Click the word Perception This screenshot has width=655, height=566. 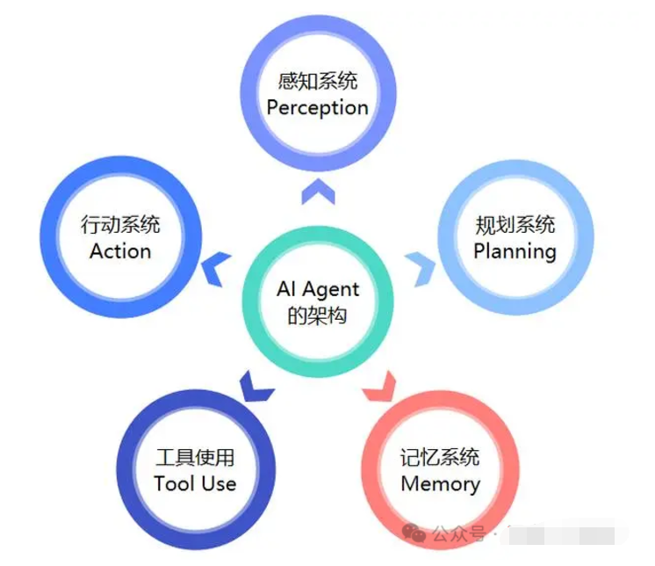tap(317, 108)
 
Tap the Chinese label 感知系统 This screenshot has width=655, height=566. tap(317, 83)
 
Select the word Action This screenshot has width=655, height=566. tap(120, 250)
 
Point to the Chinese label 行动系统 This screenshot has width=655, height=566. tap(120, 225)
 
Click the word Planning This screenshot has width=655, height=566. tap(515, 250)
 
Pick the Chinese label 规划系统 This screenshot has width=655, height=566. tap(515, 225)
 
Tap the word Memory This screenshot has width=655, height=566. tap(440, 483)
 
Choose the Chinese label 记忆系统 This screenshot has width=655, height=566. tap(440, 458)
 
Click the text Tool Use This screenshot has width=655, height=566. tap(195, 483)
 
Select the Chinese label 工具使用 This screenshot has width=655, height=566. tap(195, 458)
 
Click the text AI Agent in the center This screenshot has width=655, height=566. tap(318, 289)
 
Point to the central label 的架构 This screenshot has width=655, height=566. tap(318, 316)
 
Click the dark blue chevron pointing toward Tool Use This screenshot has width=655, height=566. tap(252, 385)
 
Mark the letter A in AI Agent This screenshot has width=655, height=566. tap(283, 289)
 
